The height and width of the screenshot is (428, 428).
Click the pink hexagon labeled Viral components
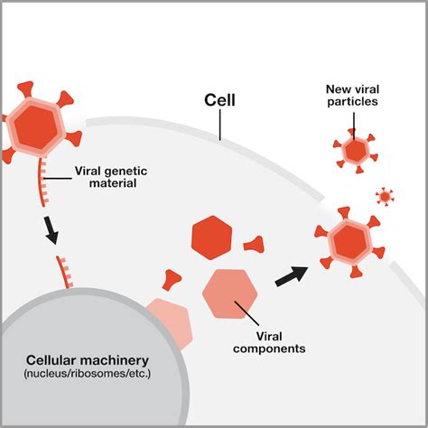[x=233, y=294]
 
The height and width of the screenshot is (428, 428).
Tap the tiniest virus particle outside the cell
[x=386, y=196]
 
